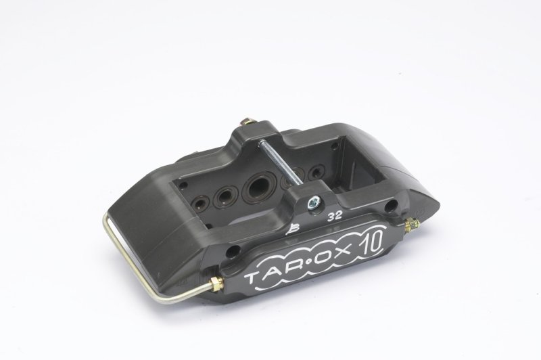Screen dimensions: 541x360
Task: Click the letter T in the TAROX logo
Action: (252, 278)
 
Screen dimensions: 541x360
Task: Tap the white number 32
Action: (335, 217)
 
